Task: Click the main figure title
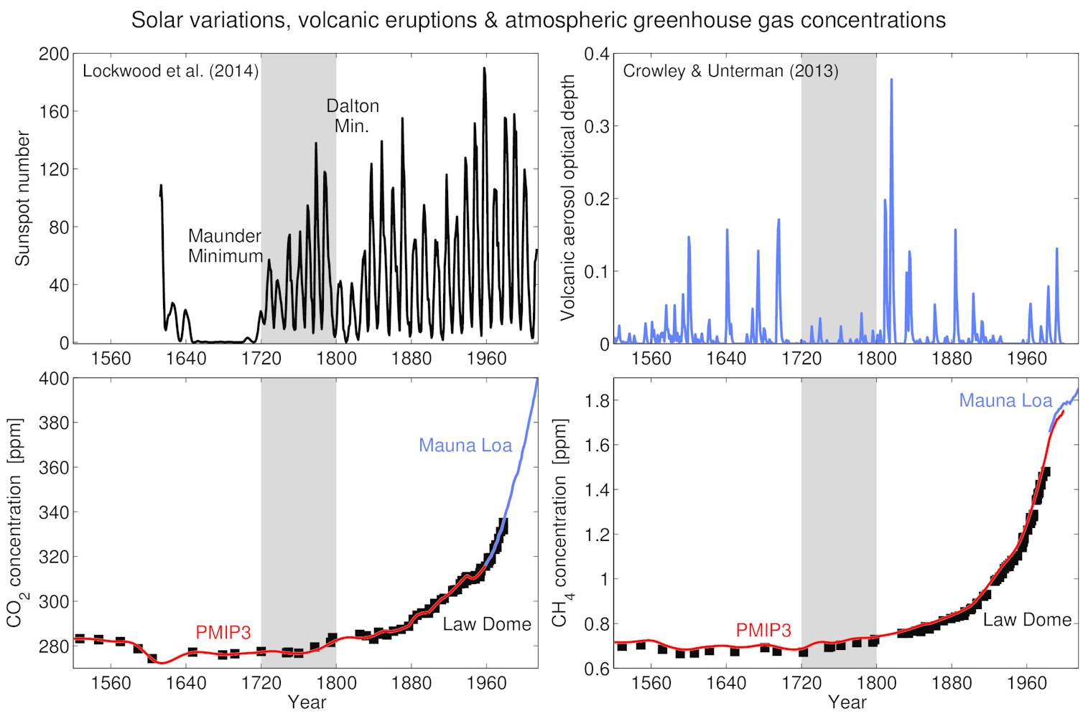[538, 20]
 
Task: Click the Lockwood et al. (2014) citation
[170, 71]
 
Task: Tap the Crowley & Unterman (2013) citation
[730, 71]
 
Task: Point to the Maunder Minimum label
[225, 246]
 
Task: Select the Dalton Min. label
[353, 116]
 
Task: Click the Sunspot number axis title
[22, 198]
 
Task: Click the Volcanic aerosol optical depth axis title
[567, 198]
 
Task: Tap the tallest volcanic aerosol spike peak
[891, 80]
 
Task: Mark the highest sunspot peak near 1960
[484, 70]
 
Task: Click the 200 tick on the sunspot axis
[54, 55]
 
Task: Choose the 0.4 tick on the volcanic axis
[596, 55]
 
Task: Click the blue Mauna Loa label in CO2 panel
[465, 446]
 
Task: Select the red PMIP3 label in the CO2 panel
[223, 632]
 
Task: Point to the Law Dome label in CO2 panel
[486, 624]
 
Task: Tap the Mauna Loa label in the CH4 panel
[1005, 401]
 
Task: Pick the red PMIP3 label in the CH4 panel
[763, 630]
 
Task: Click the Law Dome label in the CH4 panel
[1027, 620]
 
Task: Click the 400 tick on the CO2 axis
[54, 379]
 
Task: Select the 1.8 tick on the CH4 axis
[597, 401]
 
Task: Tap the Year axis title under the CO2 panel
[307, 702]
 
